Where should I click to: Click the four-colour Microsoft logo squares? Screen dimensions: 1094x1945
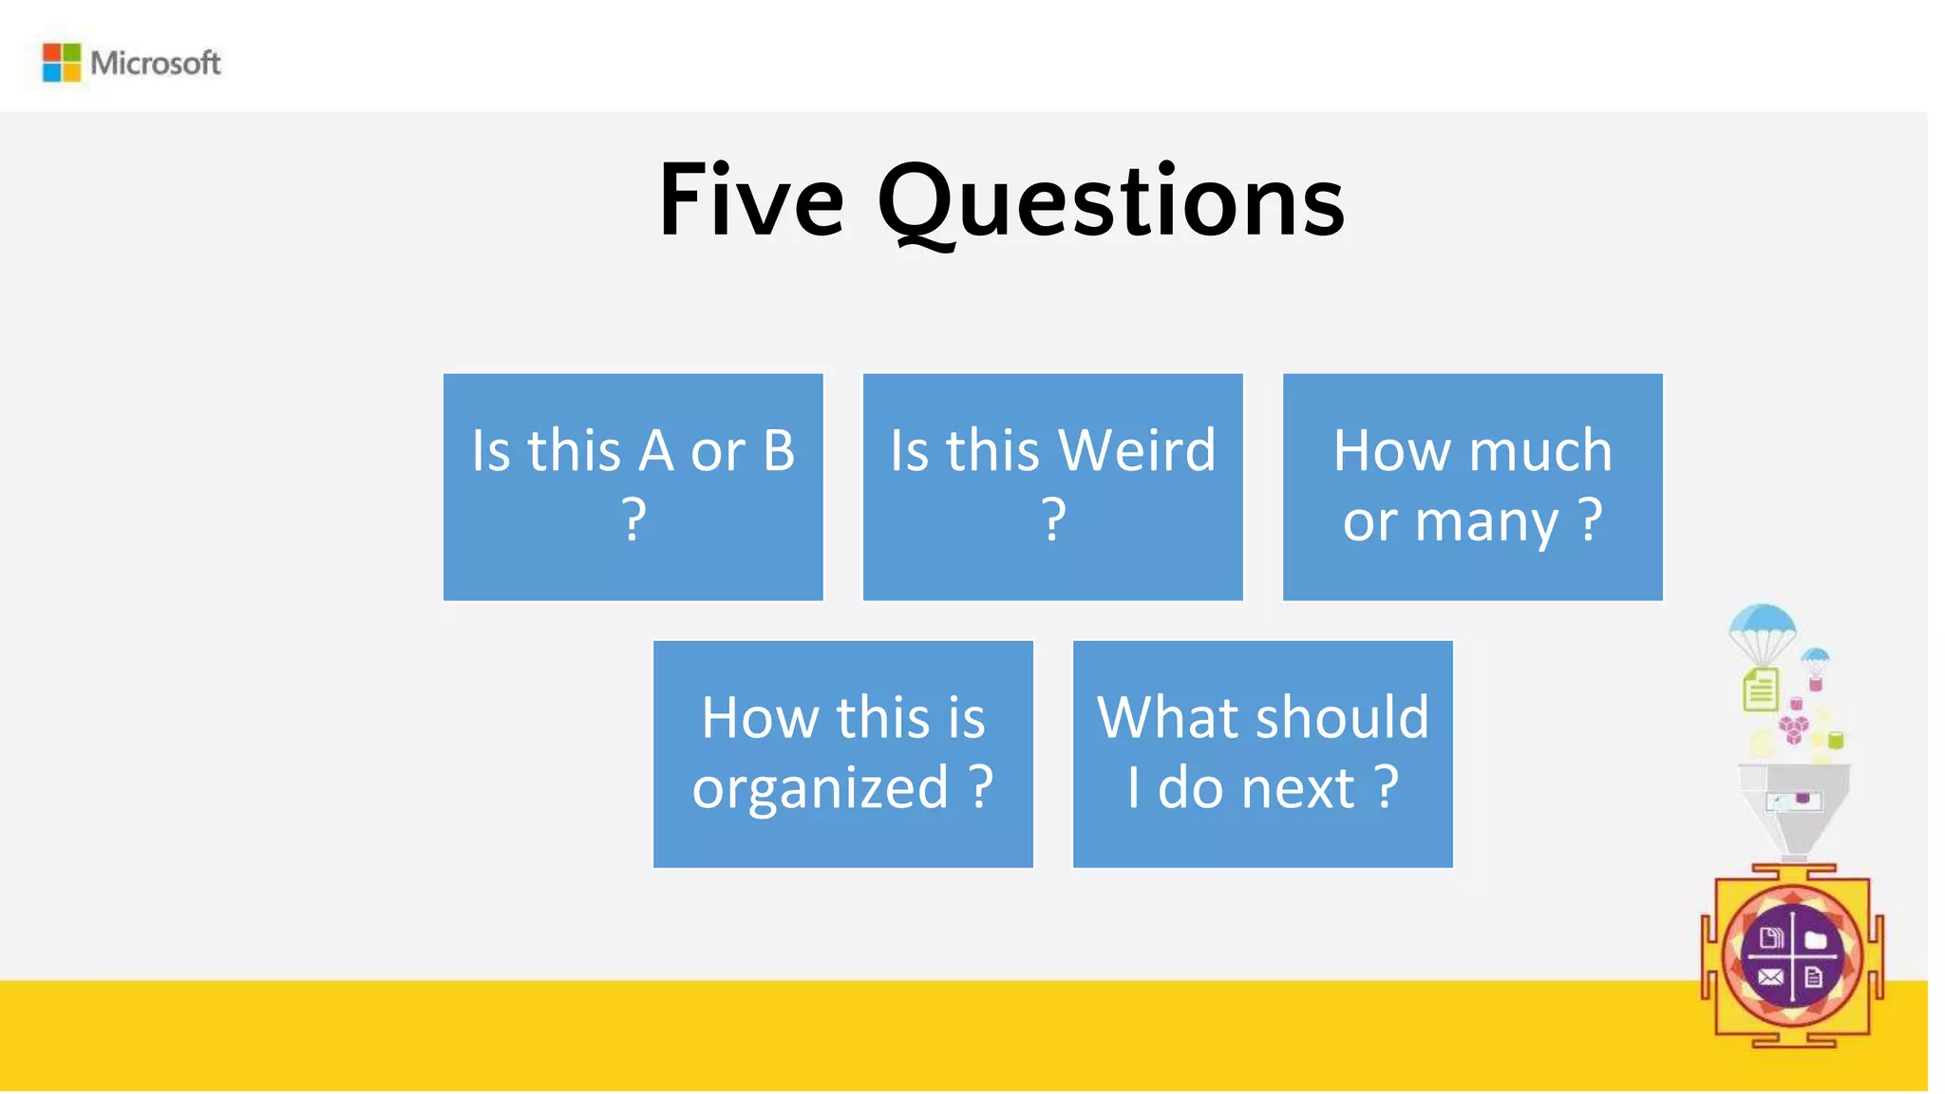click(x=62, y=63)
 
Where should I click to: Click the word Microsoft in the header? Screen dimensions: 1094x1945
click(x=156, y=64)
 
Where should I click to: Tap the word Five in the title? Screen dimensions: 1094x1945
click(x=750, y=201)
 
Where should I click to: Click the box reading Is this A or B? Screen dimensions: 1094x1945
click(x=633, y=486)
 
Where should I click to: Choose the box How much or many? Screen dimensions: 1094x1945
click(x=1472, y=486)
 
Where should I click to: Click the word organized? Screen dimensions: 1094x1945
click(x=821, y=787)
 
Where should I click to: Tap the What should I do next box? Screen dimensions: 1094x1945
click(x=1262, y=754)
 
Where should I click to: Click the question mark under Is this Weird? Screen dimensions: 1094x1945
click(x=1053, y=520)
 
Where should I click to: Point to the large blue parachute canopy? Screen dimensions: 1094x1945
click(x=1763, y=623)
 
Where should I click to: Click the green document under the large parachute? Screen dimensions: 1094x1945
click(x=1760, y=689)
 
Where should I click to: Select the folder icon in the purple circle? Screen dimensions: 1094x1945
click(x=1816, y=940)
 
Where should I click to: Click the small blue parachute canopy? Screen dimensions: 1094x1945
click(x=1815, y=655)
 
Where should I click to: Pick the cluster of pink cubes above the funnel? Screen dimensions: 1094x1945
click(x=1793, y=729)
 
